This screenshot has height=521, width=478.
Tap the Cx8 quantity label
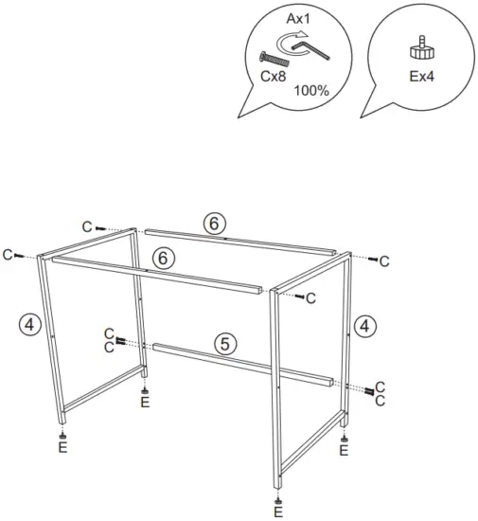click(x=273, y=77)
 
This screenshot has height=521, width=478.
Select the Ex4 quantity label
click(x=421, y=77)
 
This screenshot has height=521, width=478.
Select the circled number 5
click(x=224, y=344)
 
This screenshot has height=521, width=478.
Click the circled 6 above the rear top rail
click(x=215, y=223)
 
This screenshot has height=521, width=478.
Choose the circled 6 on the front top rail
click(x=163, y=257)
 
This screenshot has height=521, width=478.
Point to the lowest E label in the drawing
click(x=277, y=512)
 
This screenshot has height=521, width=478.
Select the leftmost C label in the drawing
click(x=8, y=255)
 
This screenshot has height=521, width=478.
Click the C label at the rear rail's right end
click(x=384, y=260)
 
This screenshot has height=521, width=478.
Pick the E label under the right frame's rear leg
click(x=343, y=451)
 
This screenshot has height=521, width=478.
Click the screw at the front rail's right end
click(x=301, y=297)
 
